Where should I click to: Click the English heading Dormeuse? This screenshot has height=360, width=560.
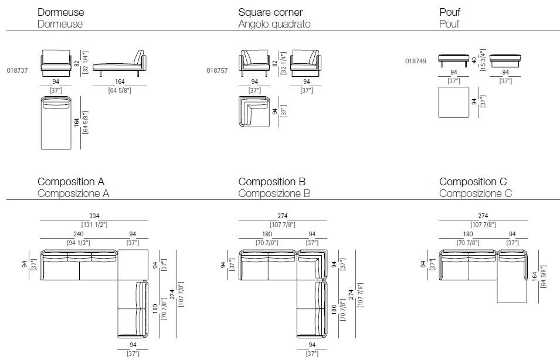coord(60,12)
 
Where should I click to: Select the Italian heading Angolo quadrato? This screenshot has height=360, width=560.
coord(274,24)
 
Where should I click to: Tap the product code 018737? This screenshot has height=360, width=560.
coord(18,69)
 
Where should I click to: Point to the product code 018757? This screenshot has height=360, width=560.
coord(218,69)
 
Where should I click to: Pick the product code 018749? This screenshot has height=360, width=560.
coord(416,60)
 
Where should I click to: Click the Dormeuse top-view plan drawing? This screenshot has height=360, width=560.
coord(55,123)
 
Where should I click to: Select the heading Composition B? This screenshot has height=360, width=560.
coord(271,182)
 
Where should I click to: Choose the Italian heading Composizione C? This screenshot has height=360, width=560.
coord(476,193)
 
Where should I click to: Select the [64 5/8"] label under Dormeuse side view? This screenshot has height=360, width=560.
coord(119,90)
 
